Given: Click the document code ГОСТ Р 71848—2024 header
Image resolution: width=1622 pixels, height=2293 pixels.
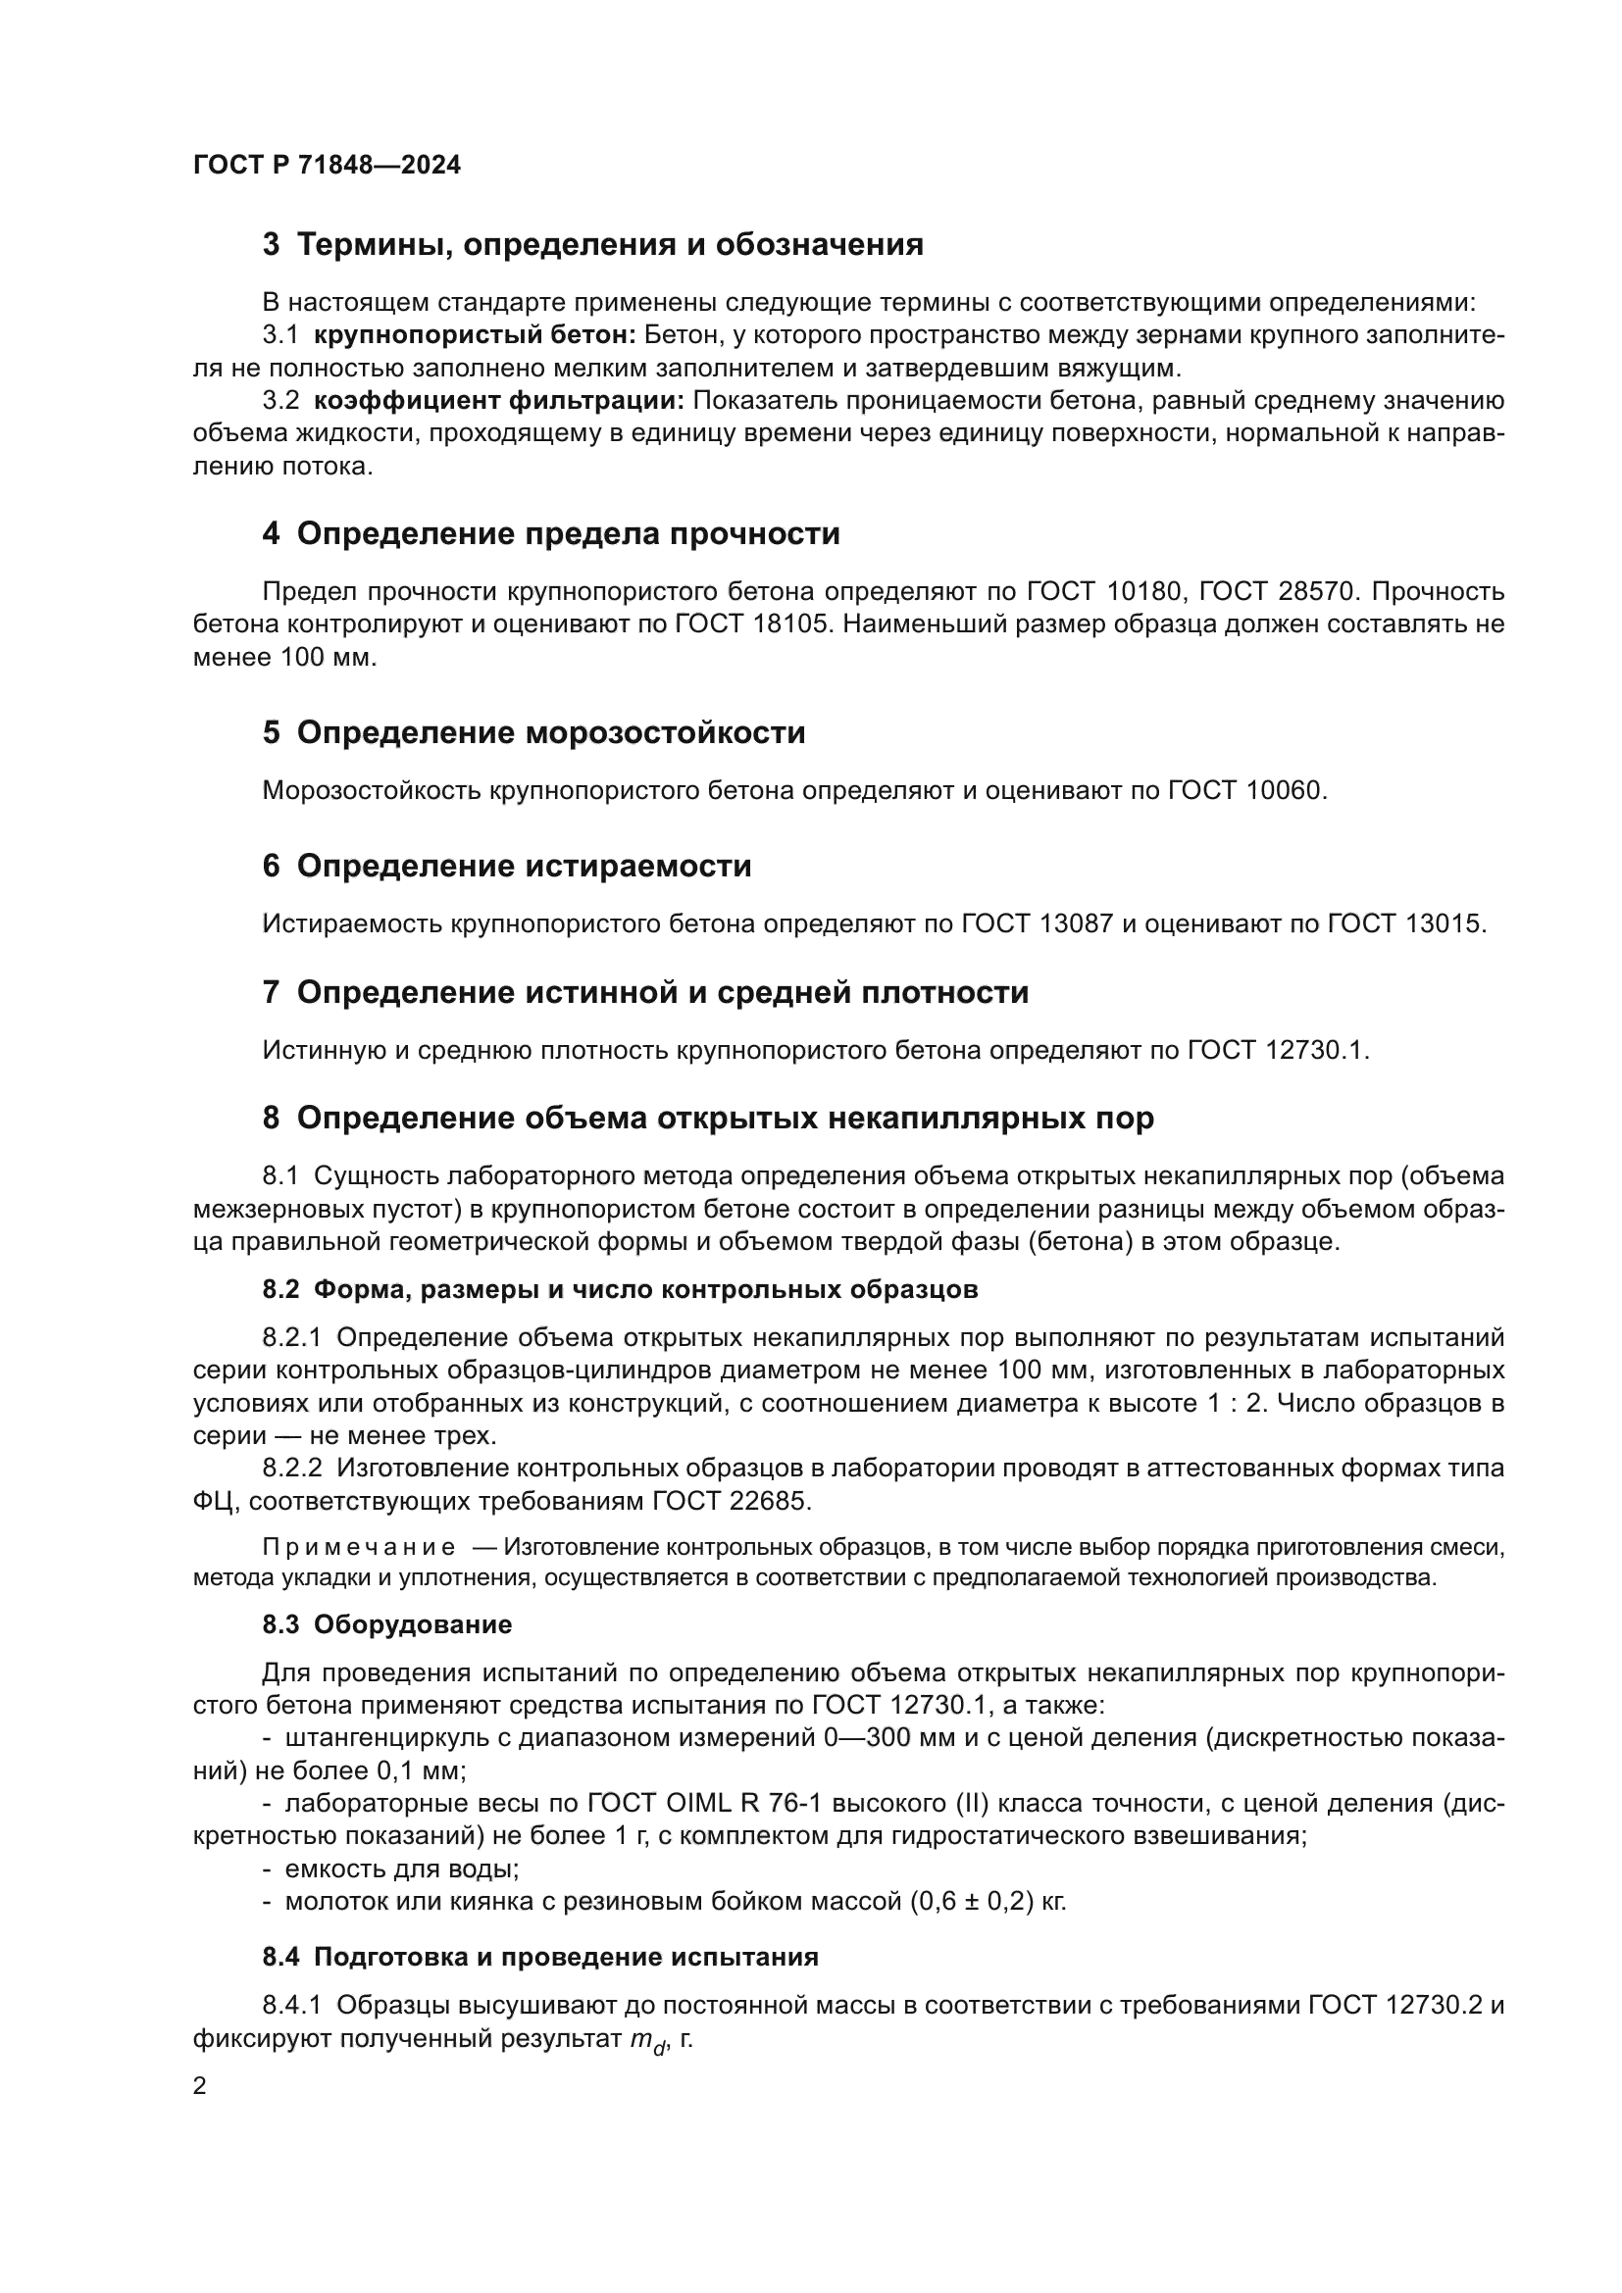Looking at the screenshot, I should tap(327, 165).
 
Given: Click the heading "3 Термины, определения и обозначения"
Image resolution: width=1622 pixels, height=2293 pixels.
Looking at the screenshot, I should tap(592, 245).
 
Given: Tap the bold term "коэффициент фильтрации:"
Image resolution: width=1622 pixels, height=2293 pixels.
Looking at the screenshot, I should tap(498, 401).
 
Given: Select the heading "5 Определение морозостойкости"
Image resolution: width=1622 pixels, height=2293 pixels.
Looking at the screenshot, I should tap(533, 733).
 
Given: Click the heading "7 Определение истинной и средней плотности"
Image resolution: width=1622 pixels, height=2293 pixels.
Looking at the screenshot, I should tap(645, 993).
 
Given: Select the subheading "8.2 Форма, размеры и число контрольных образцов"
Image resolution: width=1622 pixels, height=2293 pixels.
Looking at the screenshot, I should tap(619, 1289).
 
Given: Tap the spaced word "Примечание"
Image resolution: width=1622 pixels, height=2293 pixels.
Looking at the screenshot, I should tap(359, 1548).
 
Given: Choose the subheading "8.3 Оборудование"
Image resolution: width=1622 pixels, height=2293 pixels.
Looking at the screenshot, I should tap(386, 1624).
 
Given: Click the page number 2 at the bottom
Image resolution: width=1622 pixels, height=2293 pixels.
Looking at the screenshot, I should tap(200, 2086).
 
